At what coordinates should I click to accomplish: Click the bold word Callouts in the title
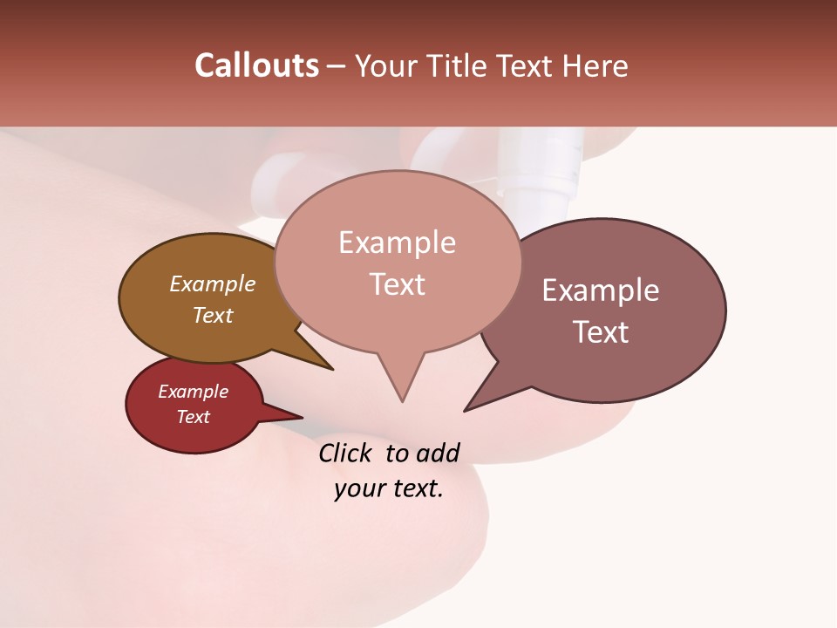[256, 65]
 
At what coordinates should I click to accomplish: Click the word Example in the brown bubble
[213, 283]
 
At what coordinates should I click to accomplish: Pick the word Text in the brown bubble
[213, 315]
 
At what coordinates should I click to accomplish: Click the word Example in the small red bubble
[193, 392]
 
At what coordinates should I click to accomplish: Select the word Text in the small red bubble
[193, 417]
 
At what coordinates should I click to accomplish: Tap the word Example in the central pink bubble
[397, 242]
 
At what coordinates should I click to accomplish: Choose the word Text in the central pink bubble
[397, 284]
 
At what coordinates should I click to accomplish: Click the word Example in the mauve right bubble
[601, 290]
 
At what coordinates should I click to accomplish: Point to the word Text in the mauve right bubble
[601, 332]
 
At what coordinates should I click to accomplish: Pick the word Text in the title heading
[527, 66]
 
